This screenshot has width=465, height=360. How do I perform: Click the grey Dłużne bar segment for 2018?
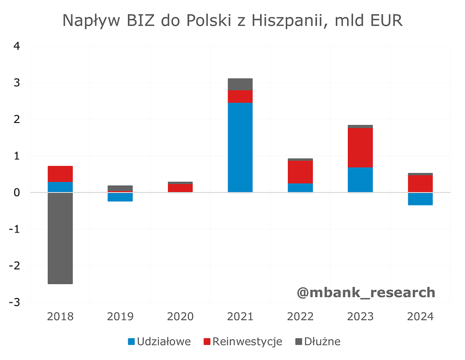[61, 238]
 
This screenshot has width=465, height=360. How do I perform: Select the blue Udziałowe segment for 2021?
[240, 147]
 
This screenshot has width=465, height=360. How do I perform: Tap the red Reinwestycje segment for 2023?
[360, 147]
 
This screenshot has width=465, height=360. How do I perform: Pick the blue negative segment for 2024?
[420, 199]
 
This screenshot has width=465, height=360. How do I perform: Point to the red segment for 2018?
[61, 174]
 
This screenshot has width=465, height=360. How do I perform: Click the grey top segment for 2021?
[240, 84]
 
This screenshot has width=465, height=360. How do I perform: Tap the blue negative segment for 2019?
[120, 197]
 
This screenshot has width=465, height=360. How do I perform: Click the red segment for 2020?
[180, 188]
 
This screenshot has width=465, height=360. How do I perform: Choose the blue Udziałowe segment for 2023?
[360, 180]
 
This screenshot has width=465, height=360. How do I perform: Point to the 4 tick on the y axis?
[17, 47]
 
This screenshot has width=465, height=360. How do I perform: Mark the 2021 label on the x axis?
[240, 317]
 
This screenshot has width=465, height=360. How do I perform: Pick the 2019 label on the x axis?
[120, 317]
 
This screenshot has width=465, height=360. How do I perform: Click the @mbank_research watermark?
[366, 292]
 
